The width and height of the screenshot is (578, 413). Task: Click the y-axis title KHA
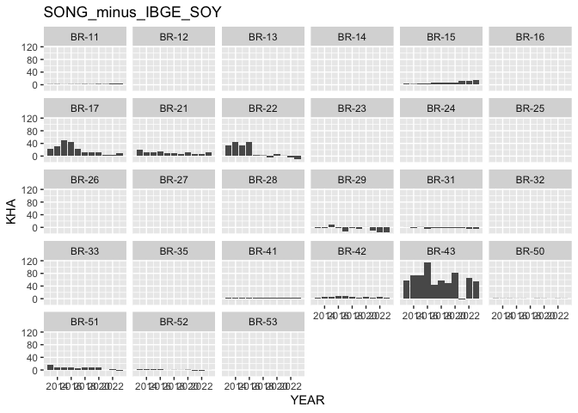(12, 210)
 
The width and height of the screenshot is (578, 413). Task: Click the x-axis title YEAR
(307, 400)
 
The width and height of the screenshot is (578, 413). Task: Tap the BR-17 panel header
(85, 108)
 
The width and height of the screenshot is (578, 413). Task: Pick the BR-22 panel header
(262, 108)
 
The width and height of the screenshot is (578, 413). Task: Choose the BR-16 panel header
(529, 36)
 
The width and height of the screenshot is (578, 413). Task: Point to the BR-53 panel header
(262, 322)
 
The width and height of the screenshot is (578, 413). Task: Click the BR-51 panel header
(85, 322)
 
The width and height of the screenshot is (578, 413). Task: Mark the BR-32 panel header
(529, 179)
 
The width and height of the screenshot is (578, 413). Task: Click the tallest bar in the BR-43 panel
(427, 280)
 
